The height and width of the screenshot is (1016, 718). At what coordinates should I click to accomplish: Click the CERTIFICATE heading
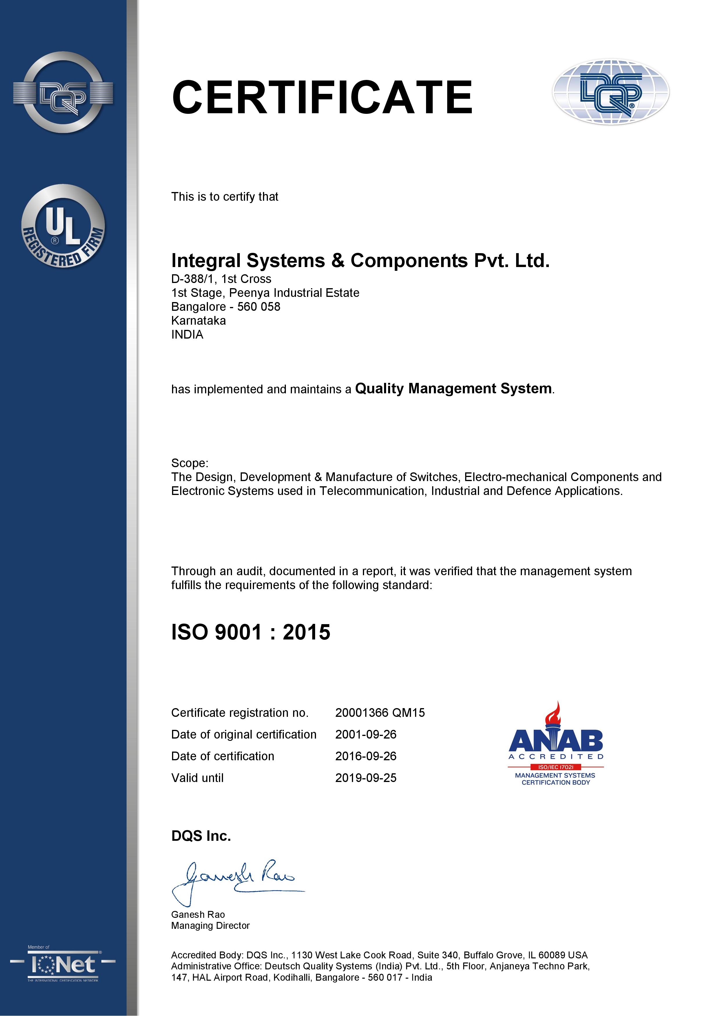pyautogui.click(x=322, y=97)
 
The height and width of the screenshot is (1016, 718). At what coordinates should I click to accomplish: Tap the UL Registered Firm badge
pyautogui.click(x=63, y=226)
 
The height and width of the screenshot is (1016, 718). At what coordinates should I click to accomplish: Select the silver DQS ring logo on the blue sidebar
pyautogui.click(x=63, y=92)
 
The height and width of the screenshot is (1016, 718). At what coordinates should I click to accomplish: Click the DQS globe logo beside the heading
pyautogui.click(x=611, y=92)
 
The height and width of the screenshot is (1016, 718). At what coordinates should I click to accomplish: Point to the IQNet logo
pyautogui.click(x=63, y=965)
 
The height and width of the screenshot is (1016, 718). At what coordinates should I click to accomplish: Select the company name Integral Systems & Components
pyautogui.click(x=360, y=261)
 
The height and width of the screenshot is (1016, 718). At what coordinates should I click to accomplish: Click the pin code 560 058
pyautogui.click(x=259, y=307)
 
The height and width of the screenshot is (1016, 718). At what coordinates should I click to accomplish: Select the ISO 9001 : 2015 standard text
pyautogui.click(x=251, y=632)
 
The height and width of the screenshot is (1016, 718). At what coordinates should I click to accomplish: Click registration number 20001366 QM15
pyautogui.click(x=380, y=713)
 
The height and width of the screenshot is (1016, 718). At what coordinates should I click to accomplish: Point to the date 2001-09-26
pyautogui.click(x=366, y=734)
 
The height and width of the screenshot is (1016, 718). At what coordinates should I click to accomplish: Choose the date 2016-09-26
pyautogui.click(x=366, y=756)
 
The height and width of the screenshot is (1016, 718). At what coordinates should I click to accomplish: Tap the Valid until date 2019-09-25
pyautogui.click(x=366, y=778)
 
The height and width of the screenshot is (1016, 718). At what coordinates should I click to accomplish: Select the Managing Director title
pyautogui.click(x=210, y=926)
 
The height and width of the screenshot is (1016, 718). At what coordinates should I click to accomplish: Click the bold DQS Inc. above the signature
pyautogui.click(x=201, y=836)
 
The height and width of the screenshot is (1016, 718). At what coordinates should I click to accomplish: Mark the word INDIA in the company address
pyautogui.click(x=187, y=335)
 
